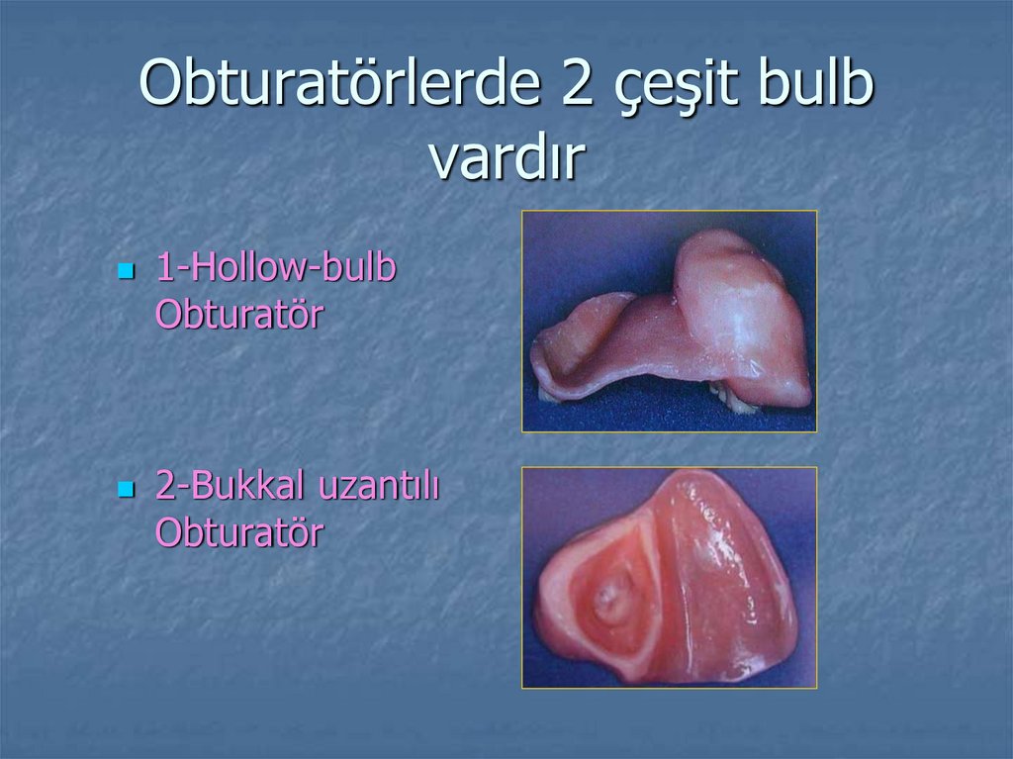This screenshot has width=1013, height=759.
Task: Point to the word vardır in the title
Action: [x=506, y=158]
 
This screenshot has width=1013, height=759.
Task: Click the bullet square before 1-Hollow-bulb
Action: [x=125, y=270]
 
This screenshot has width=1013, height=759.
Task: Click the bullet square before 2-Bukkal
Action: [x=125, y=489]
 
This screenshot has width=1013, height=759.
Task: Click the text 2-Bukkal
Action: [x=230, y=488]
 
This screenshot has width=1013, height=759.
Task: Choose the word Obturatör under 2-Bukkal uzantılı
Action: [x=239, y=533]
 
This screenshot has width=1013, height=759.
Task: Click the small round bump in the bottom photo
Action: [x=607, y=600]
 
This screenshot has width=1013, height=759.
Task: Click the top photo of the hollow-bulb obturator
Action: [x=670, y=321]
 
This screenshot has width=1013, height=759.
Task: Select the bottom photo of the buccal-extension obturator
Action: [x=670, y=577]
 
